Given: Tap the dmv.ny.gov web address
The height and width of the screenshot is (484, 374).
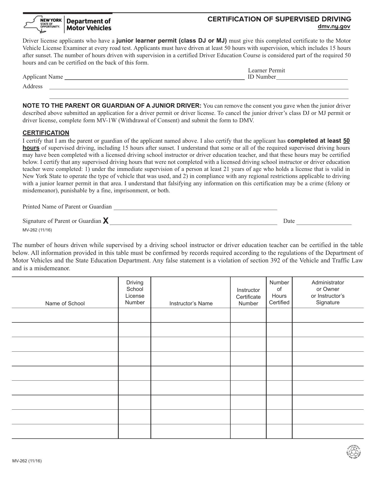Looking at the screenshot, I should tap(334, 26).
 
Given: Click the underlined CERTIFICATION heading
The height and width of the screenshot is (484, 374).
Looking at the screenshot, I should tap(46, 133).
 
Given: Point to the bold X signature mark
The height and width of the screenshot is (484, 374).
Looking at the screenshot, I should tap(106, 221).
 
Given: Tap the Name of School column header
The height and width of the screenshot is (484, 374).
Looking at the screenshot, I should tap(65, 303).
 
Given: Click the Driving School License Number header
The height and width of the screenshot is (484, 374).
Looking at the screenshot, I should tap(135, 292).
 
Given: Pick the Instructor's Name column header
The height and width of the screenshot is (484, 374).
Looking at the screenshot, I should tap(191, 303).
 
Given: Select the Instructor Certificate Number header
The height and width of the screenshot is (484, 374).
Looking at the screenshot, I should tap(248, 297).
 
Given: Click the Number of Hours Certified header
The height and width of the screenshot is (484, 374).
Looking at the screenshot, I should tap(279, 292).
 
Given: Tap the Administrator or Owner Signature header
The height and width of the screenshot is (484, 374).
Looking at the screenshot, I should tap(328, 292).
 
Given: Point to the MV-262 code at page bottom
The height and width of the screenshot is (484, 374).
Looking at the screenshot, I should tap(27, 461).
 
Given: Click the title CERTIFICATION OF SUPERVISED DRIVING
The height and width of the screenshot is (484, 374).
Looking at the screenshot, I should tap(279, 19).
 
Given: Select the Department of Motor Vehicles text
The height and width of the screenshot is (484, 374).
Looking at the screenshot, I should tap(89, 24).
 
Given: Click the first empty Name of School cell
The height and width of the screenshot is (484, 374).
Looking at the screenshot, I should tap(65, 315).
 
